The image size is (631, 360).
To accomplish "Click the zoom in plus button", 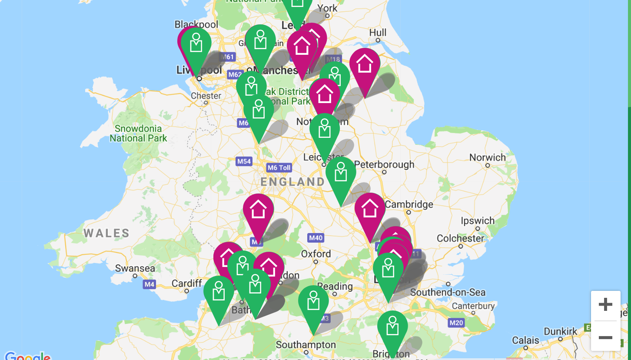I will [x=605, y=304].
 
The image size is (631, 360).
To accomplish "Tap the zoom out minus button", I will [x=605, y=337].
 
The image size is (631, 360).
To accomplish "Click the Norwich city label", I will [x=488, y=157].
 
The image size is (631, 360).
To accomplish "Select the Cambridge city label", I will [x=409, y=204].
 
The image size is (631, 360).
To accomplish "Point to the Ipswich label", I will [x=478, y=221].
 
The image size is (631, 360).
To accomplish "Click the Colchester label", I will [x=460, y=238].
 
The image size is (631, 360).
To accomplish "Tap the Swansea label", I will [x=135, y=268].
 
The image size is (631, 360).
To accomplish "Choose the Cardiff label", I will [x=186, y=283].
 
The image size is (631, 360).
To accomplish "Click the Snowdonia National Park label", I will [x=138, y=133].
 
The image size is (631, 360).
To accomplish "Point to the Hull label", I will [x=378, y=33].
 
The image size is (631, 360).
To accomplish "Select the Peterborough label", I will [x=384, y=165].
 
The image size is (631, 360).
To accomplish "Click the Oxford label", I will [x=316, y=254].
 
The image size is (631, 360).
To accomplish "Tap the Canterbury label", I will [x=473, y=306].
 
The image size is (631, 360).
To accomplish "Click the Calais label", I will [x=526, y=340].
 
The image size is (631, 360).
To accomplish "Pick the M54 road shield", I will [x=244, y=162].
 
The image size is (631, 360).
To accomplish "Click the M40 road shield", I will [x=315, y=238].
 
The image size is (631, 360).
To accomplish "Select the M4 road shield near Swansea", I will [x=149, y=285].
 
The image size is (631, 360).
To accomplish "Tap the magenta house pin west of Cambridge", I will [x=370, y=210].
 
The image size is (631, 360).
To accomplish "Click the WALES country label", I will [x=106, y=233].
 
